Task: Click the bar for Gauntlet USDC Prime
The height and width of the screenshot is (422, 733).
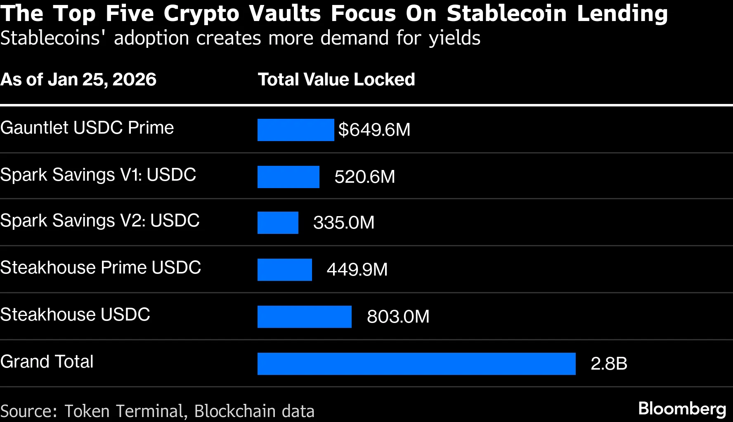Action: pos(296,130)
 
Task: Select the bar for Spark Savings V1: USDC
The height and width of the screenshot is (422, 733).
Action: pos(288,177)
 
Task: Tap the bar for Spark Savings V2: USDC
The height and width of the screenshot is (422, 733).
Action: pos(278,223)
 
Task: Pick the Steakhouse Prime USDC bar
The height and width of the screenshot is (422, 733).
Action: pos(284,270)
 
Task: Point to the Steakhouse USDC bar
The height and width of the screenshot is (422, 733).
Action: pos(304,317)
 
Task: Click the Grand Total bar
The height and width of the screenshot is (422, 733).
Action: pos(416,364)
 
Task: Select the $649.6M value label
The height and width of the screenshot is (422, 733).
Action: pos(374,130)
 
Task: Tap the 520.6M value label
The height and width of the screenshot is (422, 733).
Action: pos(364,177)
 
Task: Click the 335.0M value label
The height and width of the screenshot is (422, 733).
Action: pos(343,223)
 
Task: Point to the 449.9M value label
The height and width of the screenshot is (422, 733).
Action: pos(357,270)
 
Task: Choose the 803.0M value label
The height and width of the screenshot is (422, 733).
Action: pos(398,317)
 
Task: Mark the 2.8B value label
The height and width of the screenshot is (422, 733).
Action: pos(608,364)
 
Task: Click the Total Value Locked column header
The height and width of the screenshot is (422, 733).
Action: pos(336,80)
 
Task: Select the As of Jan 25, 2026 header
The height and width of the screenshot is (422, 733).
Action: pos(78,80)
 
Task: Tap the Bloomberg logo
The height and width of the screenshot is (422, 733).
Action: pos(682,409)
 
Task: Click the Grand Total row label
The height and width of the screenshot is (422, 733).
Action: pos(47,362)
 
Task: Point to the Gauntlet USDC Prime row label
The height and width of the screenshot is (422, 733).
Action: pos(87,128)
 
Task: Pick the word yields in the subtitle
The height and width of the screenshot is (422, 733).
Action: pos(454,38)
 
